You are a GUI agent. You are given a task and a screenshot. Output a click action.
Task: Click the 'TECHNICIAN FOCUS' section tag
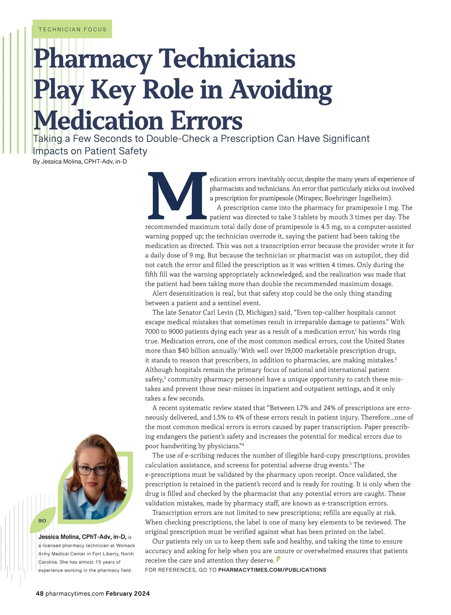click(x=72, y=29)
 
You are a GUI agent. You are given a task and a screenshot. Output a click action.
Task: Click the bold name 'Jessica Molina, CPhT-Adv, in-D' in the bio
click(x=82, y=537)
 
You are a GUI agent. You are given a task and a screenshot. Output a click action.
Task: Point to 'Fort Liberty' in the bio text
click(x=103, y=554)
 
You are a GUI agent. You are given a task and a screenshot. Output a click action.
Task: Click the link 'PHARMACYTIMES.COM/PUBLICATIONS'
click(x=272, y=570)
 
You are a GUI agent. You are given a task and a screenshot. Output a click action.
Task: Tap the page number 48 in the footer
click(x=40, y=594)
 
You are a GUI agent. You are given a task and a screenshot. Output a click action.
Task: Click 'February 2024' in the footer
click(x=128, y=594)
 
